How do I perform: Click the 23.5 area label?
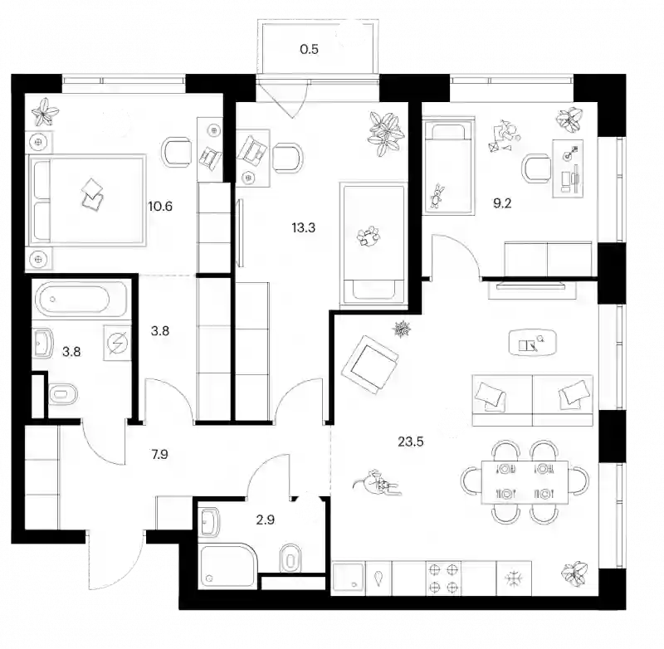[410, 442]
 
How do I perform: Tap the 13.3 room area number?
[303, 227]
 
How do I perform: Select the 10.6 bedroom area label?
[160, 207]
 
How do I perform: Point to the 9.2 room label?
[502, 203]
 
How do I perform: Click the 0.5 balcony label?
[309, 49]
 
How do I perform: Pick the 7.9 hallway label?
[159, 454]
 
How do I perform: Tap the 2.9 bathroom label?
[265, 520]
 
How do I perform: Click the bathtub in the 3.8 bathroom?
[81, 300]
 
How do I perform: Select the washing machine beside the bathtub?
[117, 342]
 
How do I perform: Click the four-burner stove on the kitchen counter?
[443, 578]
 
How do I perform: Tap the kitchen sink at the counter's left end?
[348, 578]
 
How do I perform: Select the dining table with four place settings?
[525, 482]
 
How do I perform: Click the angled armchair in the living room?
[371, 364]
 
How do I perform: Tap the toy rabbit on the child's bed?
[437, 196]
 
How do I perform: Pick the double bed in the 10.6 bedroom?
[86, 200]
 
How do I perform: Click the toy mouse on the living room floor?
[377, 482]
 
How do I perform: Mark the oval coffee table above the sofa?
[532, 343]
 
